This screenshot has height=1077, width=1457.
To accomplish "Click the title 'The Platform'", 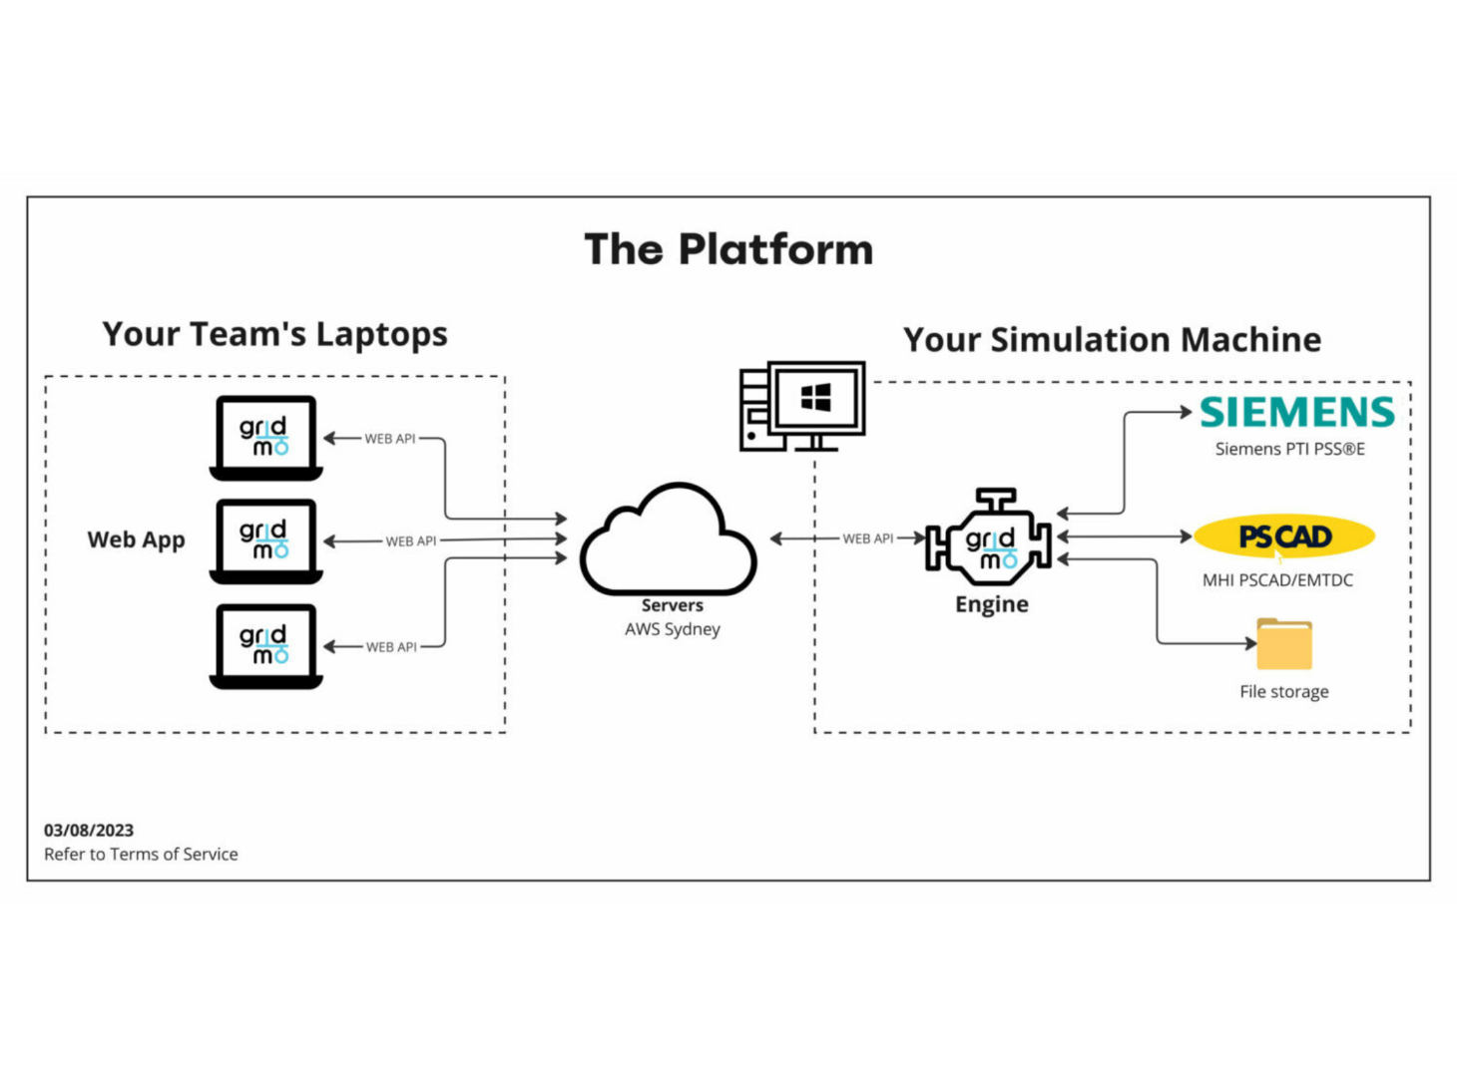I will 728,249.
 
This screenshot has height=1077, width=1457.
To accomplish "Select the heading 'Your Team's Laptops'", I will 274,334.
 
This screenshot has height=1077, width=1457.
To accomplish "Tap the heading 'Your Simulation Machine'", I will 1112,340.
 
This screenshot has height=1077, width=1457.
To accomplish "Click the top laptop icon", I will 265,438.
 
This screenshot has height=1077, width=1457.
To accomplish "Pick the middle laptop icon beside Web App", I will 265,540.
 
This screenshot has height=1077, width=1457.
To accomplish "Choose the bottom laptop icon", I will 265,645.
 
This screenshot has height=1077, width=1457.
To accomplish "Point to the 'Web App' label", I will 136,539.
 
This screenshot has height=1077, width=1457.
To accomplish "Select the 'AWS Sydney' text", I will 672,629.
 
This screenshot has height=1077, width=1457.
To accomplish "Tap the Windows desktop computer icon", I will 802,406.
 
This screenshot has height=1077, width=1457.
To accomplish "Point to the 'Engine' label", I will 991,604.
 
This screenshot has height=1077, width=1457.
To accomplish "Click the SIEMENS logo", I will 1296,412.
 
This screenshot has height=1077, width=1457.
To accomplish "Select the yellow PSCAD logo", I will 1284,537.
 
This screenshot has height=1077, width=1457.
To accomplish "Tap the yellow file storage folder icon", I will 1284,644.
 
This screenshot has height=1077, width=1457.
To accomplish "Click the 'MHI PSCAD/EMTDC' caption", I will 1277,580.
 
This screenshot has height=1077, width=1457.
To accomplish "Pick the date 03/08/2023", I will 89,830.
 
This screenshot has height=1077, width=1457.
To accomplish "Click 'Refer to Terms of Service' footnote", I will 141,855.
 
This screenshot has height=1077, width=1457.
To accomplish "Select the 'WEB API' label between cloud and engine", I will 867,538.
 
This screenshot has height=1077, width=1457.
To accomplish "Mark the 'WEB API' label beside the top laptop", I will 389,439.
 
